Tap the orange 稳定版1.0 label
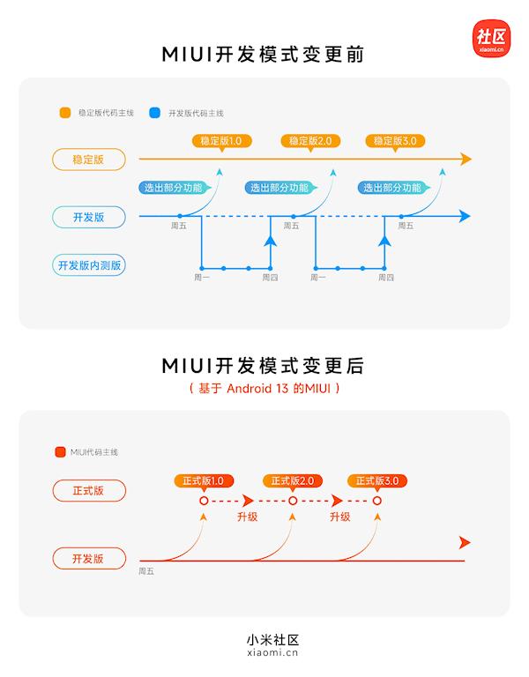[x=221, y=141]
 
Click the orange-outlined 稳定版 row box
[x=89, y=160]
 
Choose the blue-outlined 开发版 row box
[x=89, y=216]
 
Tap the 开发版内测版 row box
[x=89, y=264]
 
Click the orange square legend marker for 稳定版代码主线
[x=65, y=113]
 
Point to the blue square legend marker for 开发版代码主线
[x=154, y=113]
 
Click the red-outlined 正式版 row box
[x=89, y=491]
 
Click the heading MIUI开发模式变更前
[x=264, y=55]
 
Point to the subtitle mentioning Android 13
[x=264, y=388]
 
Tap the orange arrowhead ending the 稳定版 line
[x=466, y=160]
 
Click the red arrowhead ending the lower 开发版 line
[x=466, y=543]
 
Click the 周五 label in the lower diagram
[x=146, y=571]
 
